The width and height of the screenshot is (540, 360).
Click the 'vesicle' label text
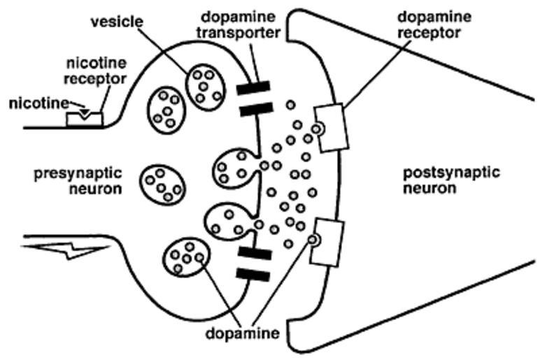(x=116, y=22)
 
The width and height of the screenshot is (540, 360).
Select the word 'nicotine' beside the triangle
(x=38, y=104)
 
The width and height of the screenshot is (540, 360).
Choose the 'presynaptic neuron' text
(x=78, y=180)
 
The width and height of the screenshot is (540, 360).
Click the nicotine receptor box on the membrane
(x=84, y=118)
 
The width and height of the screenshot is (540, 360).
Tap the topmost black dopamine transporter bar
(x=254, y=89)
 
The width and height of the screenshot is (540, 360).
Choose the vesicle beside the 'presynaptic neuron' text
(x=162, y=184)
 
